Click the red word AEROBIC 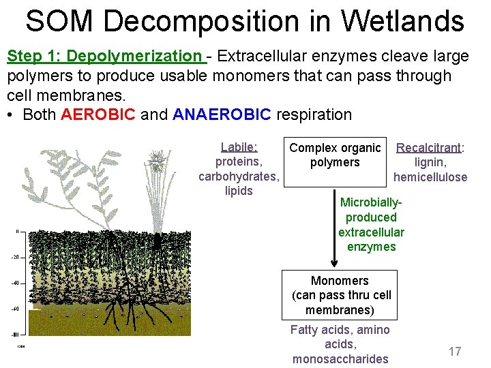[x=98, y=114]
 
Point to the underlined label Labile [x=238, y=147]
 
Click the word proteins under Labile [x=238, y=162]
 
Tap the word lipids [x=238, y=191]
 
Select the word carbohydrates [x=238, y=177]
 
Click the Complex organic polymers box [x=334, y=155]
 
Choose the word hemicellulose [x=430, y=177]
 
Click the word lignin [x=430, y=162]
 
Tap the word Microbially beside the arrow [x=371, y=202]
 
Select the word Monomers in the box [x=339, y=281]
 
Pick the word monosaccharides [x=340, y=358]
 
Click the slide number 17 [x=454, y=352]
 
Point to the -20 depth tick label [x=14, y=258]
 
